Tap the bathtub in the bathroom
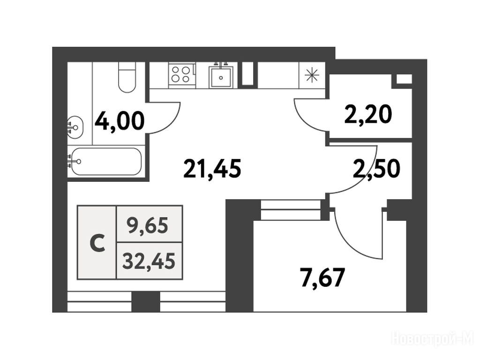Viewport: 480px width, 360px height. (105, 162)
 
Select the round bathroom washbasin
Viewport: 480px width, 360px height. (75, 127)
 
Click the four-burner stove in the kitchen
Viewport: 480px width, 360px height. (181, 75)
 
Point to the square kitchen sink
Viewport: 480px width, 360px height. (221, 76)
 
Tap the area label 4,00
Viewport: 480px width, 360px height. (120, 121)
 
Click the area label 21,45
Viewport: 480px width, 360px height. (212, 168)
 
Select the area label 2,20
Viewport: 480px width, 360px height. (367, 114)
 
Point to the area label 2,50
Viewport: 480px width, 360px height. (376, 169)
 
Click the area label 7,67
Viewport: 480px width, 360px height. (323, 277)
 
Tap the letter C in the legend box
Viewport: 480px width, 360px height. (97, 243)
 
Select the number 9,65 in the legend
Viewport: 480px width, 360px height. (148, 226)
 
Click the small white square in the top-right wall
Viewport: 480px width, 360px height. (404, 79)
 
